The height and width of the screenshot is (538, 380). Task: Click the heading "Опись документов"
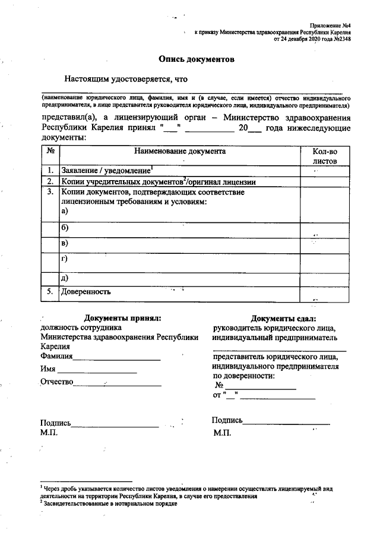[197, 59]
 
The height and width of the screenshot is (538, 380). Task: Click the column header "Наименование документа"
[179, 152]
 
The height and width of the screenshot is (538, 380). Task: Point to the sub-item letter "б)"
[65, 228]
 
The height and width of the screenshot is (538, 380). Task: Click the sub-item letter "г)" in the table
[65, 259]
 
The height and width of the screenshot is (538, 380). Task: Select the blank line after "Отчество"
[117, 385]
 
